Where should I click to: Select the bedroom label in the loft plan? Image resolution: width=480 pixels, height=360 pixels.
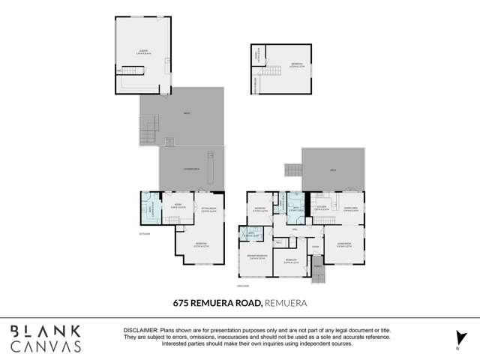[296, 64]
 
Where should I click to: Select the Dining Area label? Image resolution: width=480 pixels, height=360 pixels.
[350, 208]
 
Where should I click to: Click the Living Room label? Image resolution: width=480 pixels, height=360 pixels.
[345, 245]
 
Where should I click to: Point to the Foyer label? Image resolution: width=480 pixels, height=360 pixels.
[316, 246]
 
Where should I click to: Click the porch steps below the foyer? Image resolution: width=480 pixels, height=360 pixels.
[316, 274]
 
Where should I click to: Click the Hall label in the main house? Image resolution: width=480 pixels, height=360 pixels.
[295, 229]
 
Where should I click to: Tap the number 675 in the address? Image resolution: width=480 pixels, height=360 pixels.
[172, 303]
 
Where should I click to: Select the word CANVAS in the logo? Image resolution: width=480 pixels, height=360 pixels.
[46, 346]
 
